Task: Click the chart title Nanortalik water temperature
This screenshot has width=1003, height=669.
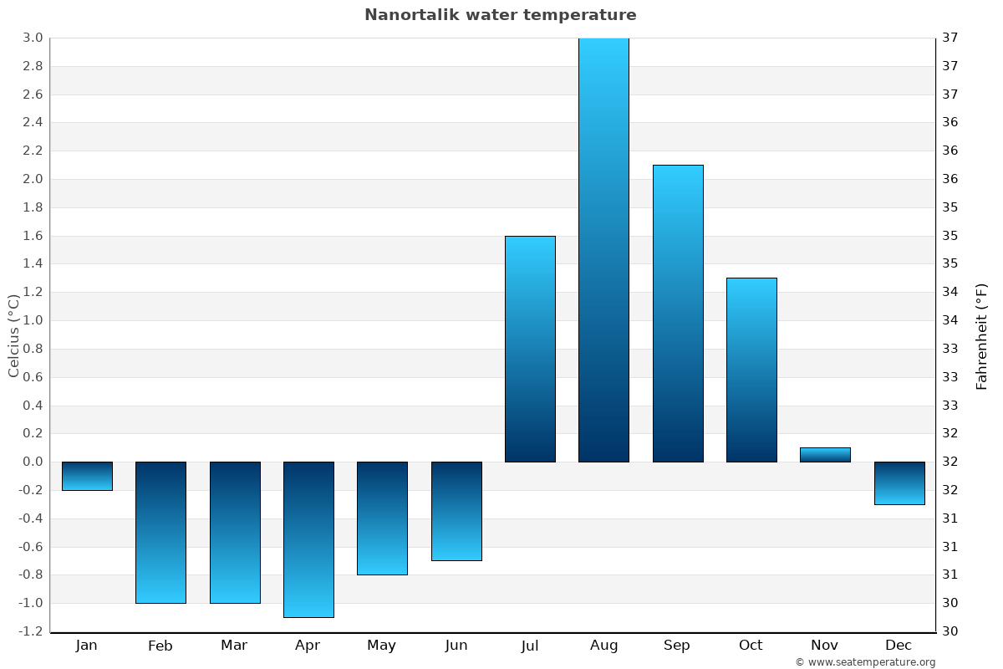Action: pos(500,15)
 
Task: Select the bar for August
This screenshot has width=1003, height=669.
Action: pos(603,251)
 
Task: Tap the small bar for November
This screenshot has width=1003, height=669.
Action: pos(825,455)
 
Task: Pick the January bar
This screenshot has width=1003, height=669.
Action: pos(87,476)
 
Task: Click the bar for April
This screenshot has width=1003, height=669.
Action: pos(308,539)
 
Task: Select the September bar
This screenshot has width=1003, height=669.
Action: pos(678,314)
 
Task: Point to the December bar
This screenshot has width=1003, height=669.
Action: pos(899,483)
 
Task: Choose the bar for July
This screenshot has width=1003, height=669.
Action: pos(530,349)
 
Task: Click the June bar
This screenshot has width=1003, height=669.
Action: pos(456,511)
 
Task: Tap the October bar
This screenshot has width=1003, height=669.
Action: pos(751,370)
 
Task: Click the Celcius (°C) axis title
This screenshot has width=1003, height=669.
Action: pos(13,335)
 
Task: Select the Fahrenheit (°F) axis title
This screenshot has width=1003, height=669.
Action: pos(981,335)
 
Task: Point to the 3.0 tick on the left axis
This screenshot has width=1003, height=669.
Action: pos(33,38)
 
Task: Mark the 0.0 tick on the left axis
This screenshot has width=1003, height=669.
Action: pos(33,462)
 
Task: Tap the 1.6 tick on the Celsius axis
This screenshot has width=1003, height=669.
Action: pos(33,236)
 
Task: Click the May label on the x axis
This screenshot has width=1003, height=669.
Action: pos(381,646)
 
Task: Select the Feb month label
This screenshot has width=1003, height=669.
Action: pos(160,646)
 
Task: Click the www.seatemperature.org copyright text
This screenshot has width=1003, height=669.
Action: pos(865,662)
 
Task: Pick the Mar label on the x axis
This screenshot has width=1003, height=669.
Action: pos(234,646)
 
